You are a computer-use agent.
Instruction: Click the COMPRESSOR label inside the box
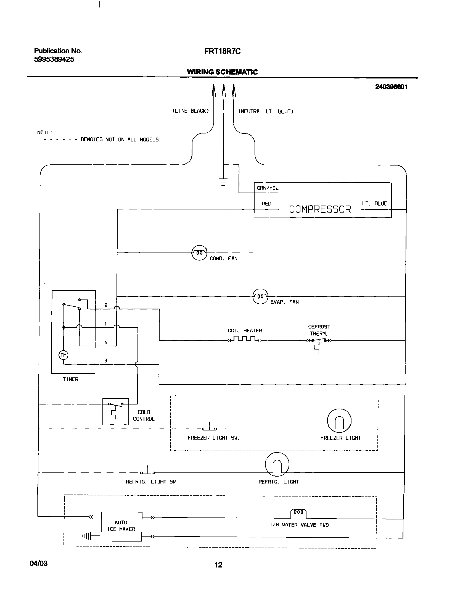320,209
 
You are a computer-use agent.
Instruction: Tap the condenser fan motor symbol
199,253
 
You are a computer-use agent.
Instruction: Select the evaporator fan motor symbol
260,296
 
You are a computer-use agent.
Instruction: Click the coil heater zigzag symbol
245,339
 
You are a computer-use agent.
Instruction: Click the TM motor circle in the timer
64,355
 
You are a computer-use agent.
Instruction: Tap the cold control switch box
116,411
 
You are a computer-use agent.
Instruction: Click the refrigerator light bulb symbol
277,464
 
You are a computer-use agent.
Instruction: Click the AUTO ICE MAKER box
121,526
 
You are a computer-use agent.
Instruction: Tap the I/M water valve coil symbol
298,512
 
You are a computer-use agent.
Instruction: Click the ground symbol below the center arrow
223,183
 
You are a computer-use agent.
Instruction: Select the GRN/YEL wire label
268,188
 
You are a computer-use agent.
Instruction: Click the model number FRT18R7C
222,51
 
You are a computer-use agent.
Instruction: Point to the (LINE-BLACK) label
191,111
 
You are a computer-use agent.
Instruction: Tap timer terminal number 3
106,361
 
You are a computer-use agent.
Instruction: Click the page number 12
218,565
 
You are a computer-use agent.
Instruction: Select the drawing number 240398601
391,87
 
